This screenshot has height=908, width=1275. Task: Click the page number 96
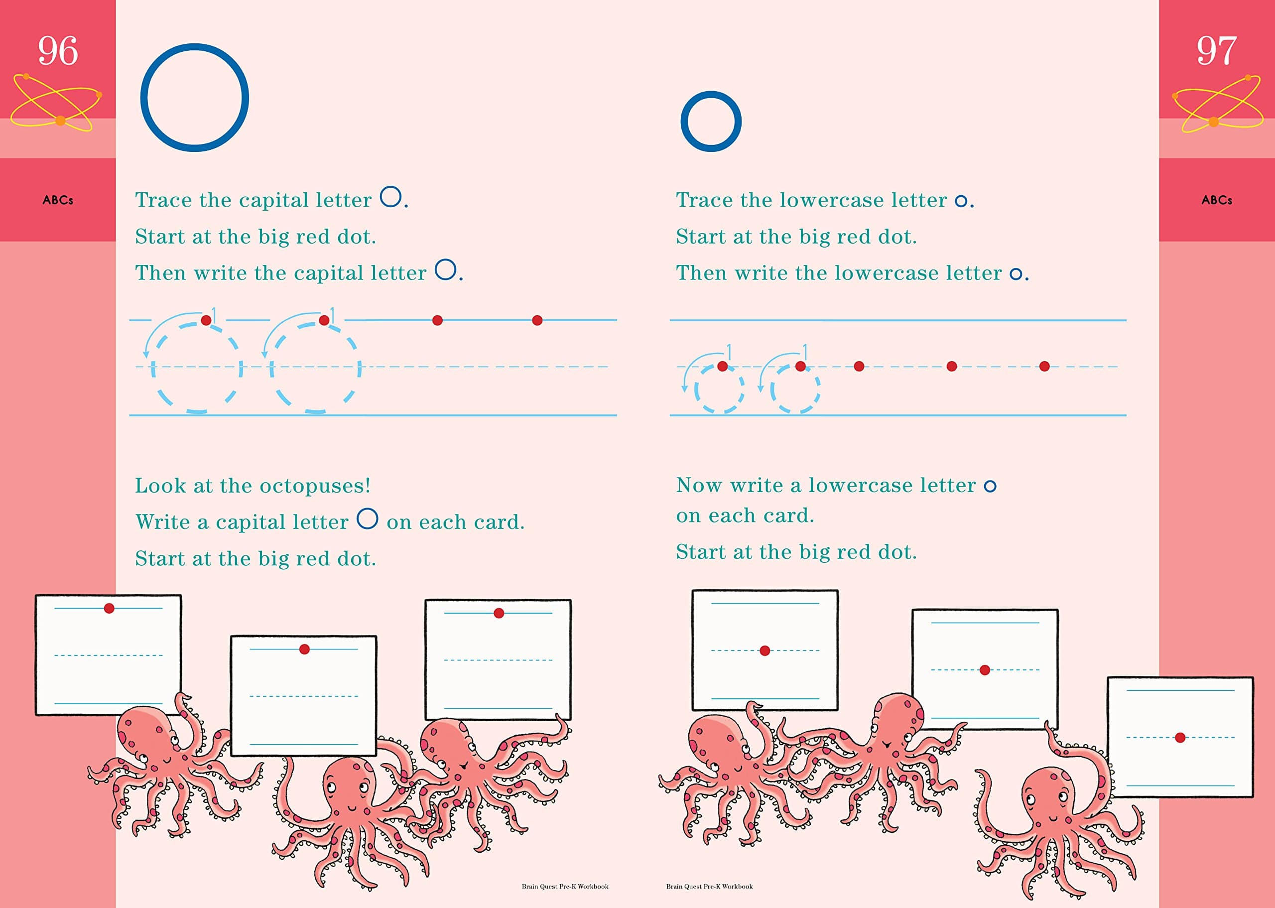pyautogui.click(x=58, y=51)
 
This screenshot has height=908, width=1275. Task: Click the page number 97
pyautogui.click(x=1216, y=51)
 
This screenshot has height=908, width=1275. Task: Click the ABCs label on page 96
pyautogui.click(x=58, y=200)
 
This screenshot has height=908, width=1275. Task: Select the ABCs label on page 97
pyautogui.click(x=1217, y=200)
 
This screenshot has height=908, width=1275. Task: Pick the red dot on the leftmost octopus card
pyautogui.click(x=109, y=608)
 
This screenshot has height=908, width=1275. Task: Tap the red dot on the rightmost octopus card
pyautogui.click(x=1180, y=738)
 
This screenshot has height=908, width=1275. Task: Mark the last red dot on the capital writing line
pyautogui.click(x=537, y=320)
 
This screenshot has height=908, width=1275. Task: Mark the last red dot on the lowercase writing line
pyautogui.click(x=1044, y=366)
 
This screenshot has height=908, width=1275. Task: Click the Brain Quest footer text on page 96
pyautogui.click(x=565, y=886)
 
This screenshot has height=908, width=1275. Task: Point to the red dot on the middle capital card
pyautogui.click(x=304, y=649)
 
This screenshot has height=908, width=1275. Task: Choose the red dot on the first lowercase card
pyautogui.click(x=765, y=650)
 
